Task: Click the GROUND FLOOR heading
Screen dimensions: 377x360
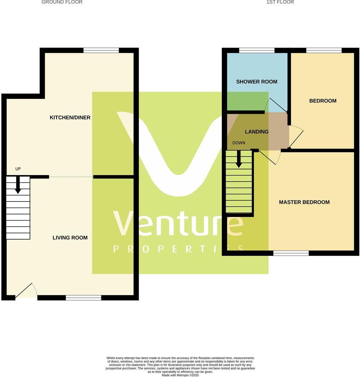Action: coord(62,2)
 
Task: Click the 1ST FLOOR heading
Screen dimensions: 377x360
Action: coord(280,2)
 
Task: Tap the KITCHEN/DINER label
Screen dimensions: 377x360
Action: coord(70,118)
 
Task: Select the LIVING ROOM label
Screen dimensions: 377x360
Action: coord(70,238)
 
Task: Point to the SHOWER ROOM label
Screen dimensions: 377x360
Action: coord(257,82)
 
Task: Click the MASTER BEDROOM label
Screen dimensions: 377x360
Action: coord(304,202)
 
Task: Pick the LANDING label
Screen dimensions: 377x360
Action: coord(257,132)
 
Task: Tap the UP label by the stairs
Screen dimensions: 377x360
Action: coord(18,169)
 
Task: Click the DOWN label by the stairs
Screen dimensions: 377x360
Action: coord(239,143)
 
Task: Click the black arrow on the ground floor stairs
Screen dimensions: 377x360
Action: coord(18,185)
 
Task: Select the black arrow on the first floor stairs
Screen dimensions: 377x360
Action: coord(239,159)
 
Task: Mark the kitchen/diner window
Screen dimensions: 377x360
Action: coord(101,50)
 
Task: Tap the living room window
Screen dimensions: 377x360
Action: coord(84,297)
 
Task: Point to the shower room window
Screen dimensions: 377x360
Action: coord(257,50)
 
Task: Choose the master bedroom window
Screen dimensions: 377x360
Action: coord(291,253)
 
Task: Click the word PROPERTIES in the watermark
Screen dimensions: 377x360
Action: coord(178,249)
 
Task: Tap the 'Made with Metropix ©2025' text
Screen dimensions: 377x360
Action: coord(180,375)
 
